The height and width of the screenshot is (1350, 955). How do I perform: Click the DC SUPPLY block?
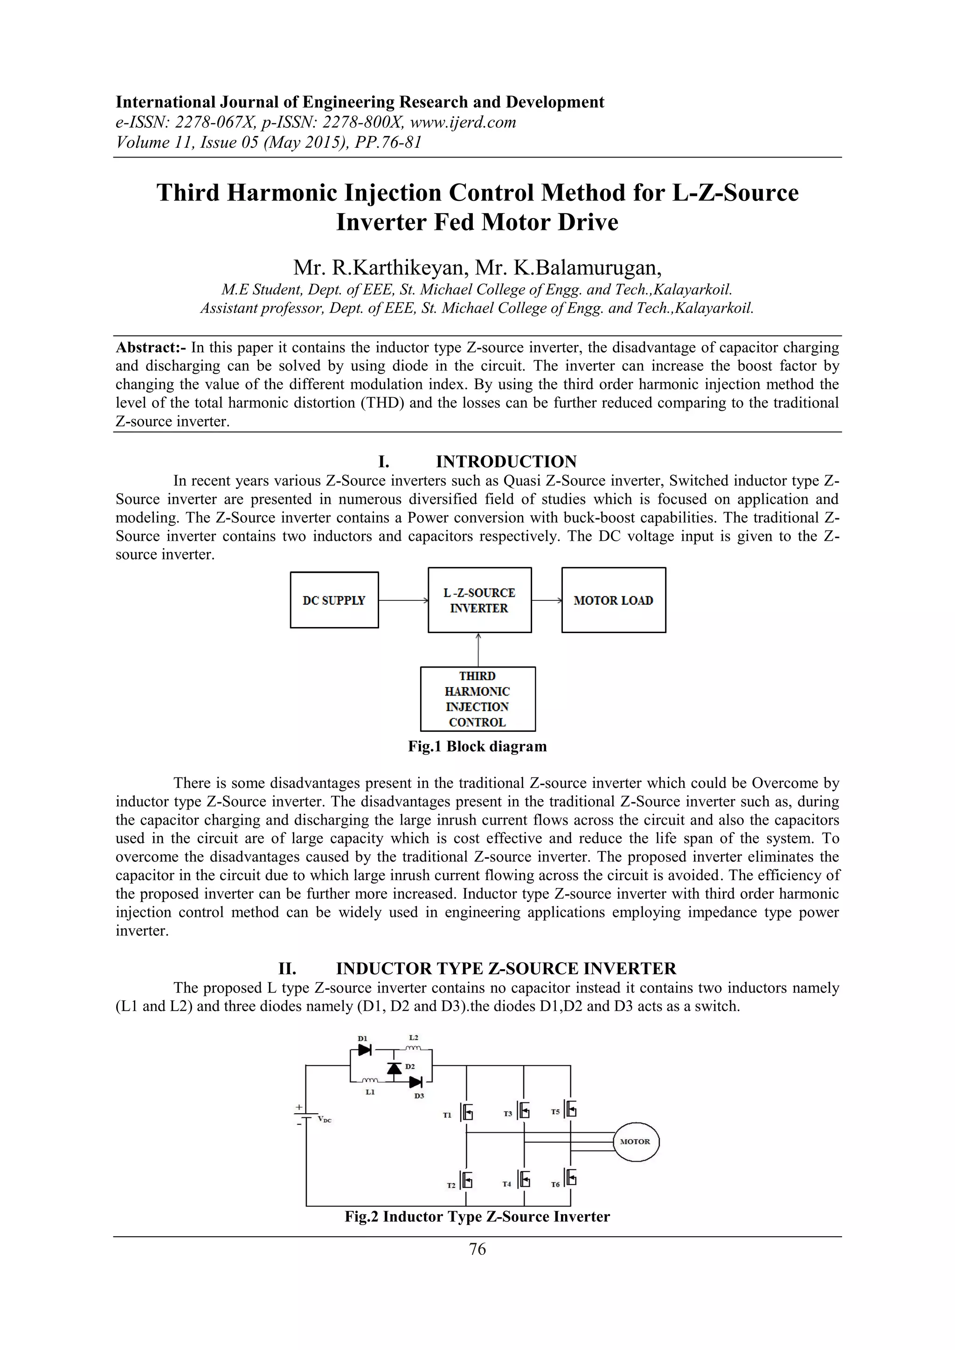[x=334, y=600]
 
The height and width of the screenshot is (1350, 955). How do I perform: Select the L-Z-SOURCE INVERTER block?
[x=479, y=600]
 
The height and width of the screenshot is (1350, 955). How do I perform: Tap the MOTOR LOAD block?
[x=613, y=600]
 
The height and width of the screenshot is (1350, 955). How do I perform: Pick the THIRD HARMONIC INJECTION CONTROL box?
[x=477, y=698]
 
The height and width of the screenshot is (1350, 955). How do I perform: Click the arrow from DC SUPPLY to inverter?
[x=403, y=600]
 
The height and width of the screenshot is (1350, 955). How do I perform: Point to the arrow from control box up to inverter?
[x=479, y=650]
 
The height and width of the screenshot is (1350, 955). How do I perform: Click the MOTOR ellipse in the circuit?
[x=636, y=1141]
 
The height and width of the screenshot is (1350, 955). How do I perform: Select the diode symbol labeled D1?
[x=365, y=1049]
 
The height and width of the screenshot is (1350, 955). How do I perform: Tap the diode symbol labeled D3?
[x=416, y=1082]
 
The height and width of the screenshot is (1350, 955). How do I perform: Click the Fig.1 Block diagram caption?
[x=477, y=747]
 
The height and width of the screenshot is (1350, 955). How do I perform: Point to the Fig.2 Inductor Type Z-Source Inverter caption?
[x=477, y=1217]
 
